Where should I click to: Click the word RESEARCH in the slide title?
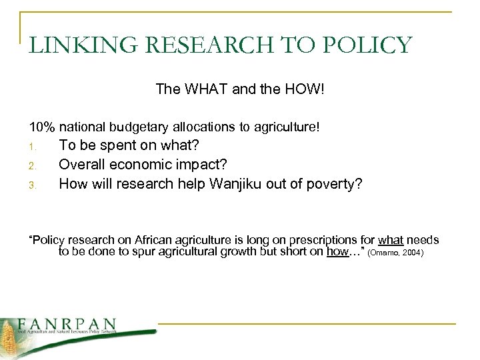pyautogui.click(x=173, y=45)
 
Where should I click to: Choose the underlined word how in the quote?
pyautogui.click(x=338, y=252)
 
